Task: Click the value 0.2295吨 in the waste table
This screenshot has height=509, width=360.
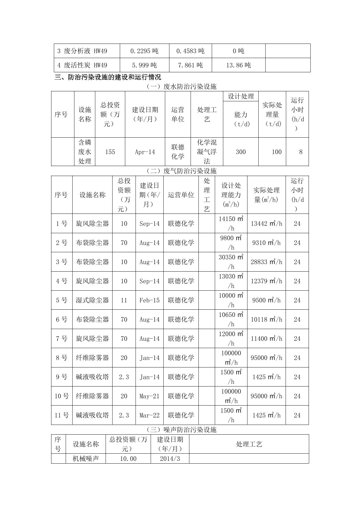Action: point(144,51)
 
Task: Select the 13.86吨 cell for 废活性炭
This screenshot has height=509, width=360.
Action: point(238,65)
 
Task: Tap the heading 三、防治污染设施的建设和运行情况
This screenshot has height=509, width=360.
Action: point(108,77)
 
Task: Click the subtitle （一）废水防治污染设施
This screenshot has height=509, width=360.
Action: point(181,86)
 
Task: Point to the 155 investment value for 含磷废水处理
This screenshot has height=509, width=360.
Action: point(110,152)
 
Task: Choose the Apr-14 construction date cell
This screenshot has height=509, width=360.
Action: point(145,152)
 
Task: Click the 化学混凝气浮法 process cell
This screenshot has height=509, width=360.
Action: point(207,152)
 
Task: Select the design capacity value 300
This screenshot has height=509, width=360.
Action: point(241,152)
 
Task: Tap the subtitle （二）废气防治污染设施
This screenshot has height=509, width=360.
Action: point(181,171)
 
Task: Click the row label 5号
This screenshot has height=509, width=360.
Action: point(62,300)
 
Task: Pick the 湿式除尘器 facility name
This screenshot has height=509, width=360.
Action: point(92,300)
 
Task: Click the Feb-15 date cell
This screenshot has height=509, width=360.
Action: point(149,300)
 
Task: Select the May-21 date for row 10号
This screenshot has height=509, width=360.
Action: point(149,396)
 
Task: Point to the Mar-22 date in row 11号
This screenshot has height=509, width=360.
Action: point(149,415)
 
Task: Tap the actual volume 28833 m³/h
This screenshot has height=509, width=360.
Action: point(266,262)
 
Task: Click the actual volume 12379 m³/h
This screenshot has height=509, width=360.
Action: point(266,281)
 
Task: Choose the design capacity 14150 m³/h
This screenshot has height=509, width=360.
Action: point(231,224)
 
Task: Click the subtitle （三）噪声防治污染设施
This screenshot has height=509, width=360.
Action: point(181,430)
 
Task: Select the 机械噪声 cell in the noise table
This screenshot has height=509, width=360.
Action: point(86,459)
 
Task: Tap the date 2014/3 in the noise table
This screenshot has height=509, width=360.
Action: point(170,459)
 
